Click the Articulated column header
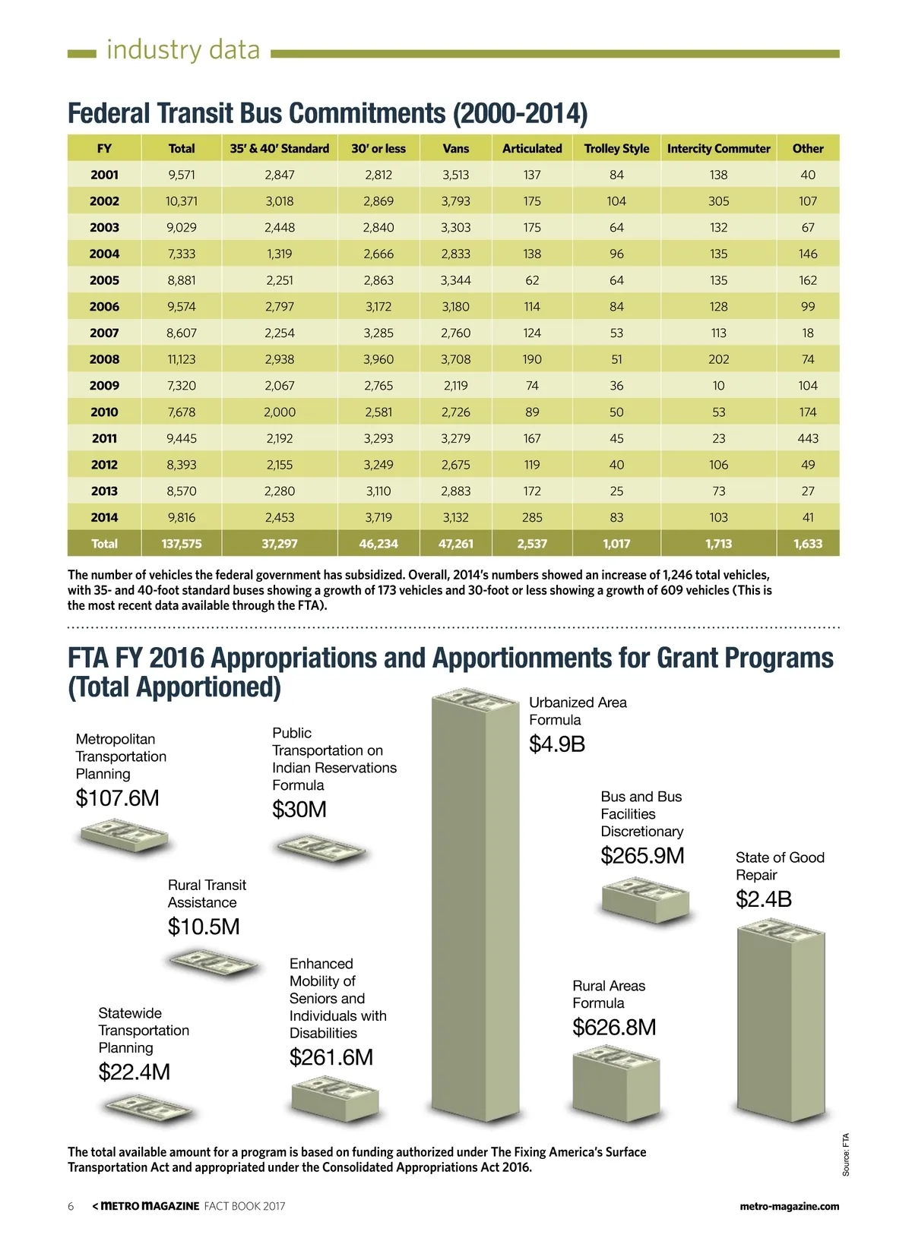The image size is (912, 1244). pyautogui.click(x=532, y=149)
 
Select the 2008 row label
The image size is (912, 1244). pyautogui.click(x=104, y=359)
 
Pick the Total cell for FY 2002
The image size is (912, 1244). pyautogui.click(x=181, y=201)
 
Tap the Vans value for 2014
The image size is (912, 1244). pyautogui.click(x=455, y=517)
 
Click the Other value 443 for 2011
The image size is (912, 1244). pyautogui.click(x=808, y=438)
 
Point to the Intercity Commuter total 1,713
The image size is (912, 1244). pyautogui.click(x=718, y=544)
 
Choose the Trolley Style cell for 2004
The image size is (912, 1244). pyautogui.click(x=616, y=254)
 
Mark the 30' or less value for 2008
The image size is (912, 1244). pyautogui.click(x=378, y=359)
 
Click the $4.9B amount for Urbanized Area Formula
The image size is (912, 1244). pyautogui.click(x=557, y=744)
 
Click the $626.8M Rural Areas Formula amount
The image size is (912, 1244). pyautogui.click(x=614, y=1028)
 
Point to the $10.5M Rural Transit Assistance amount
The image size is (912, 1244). pyautogui.click(x=204, y=927)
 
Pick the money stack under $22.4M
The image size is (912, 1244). pyautogui.click(x=148, y=1110)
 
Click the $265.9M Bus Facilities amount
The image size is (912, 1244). pyautogui.click(x=642, y=856)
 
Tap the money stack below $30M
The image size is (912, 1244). pyautogui.click(x=321, y=848)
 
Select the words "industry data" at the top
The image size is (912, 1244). pyautogui.click(x=183, y=50)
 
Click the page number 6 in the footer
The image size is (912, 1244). pyautogui.click(x=71, y=1206)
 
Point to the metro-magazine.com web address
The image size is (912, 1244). pyautogui.click(x=789, y=1206)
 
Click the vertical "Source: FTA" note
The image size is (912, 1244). pyautogui.click(x=846, y=1154)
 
